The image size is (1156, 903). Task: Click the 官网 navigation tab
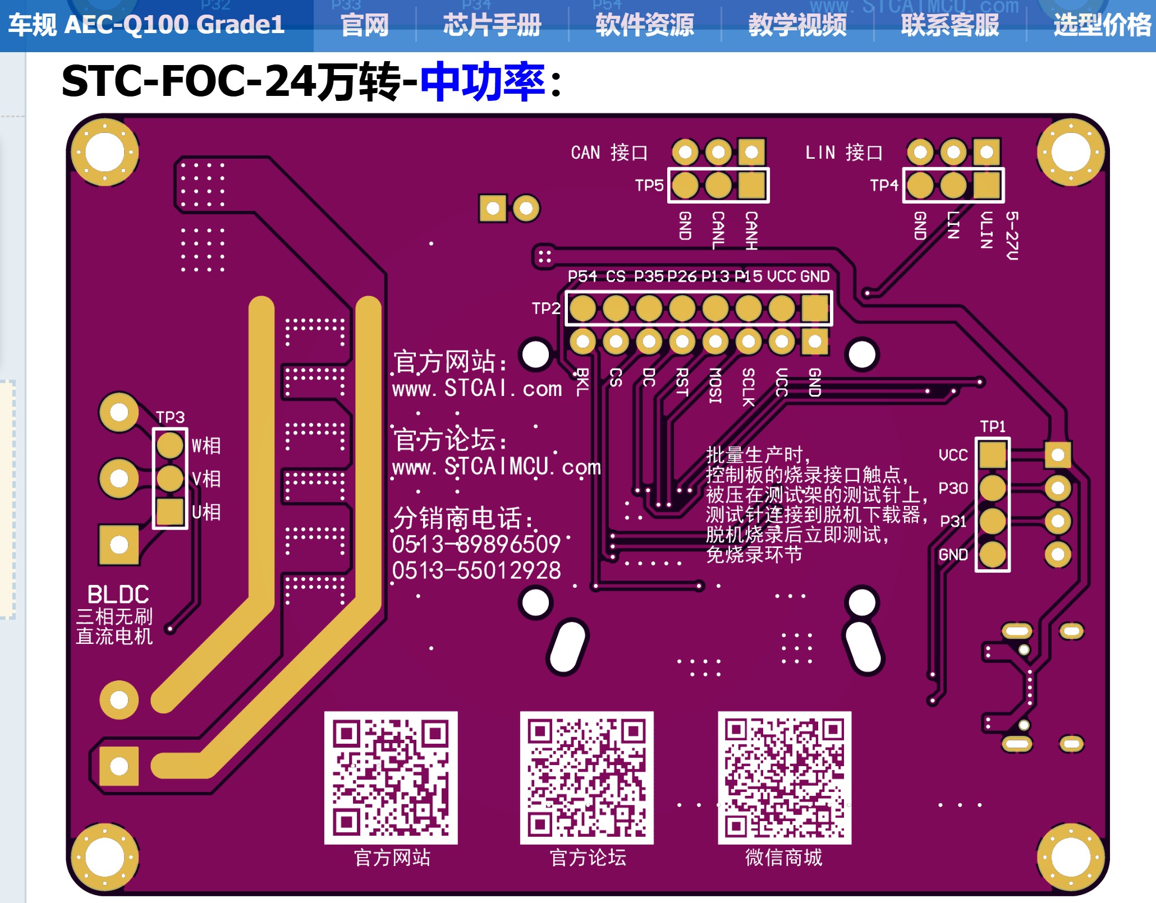364,25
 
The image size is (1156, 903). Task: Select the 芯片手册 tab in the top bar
492,25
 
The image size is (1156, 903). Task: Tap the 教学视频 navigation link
797,25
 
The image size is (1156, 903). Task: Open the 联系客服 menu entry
949,25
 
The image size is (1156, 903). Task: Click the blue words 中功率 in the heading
483,82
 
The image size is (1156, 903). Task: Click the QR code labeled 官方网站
391,777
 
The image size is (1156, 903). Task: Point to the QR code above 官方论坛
586,777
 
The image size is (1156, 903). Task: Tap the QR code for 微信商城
784,777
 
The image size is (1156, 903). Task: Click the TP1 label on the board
992,426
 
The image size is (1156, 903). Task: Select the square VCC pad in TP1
992,454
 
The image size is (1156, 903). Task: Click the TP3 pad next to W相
169,445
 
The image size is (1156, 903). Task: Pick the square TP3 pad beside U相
169,512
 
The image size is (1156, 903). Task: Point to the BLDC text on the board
118,595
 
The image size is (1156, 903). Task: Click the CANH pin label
751,230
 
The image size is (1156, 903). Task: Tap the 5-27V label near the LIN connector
1011,236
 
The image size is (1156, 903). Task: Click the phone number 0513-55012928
476,571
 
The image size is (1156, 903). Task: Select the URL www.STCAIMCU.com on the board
496,467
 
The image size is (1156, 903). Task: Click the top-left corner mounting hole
105,152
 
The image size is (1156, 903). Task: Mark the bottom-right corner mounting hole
1070,857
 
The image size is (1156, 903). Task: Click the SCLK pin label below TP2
748,387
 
